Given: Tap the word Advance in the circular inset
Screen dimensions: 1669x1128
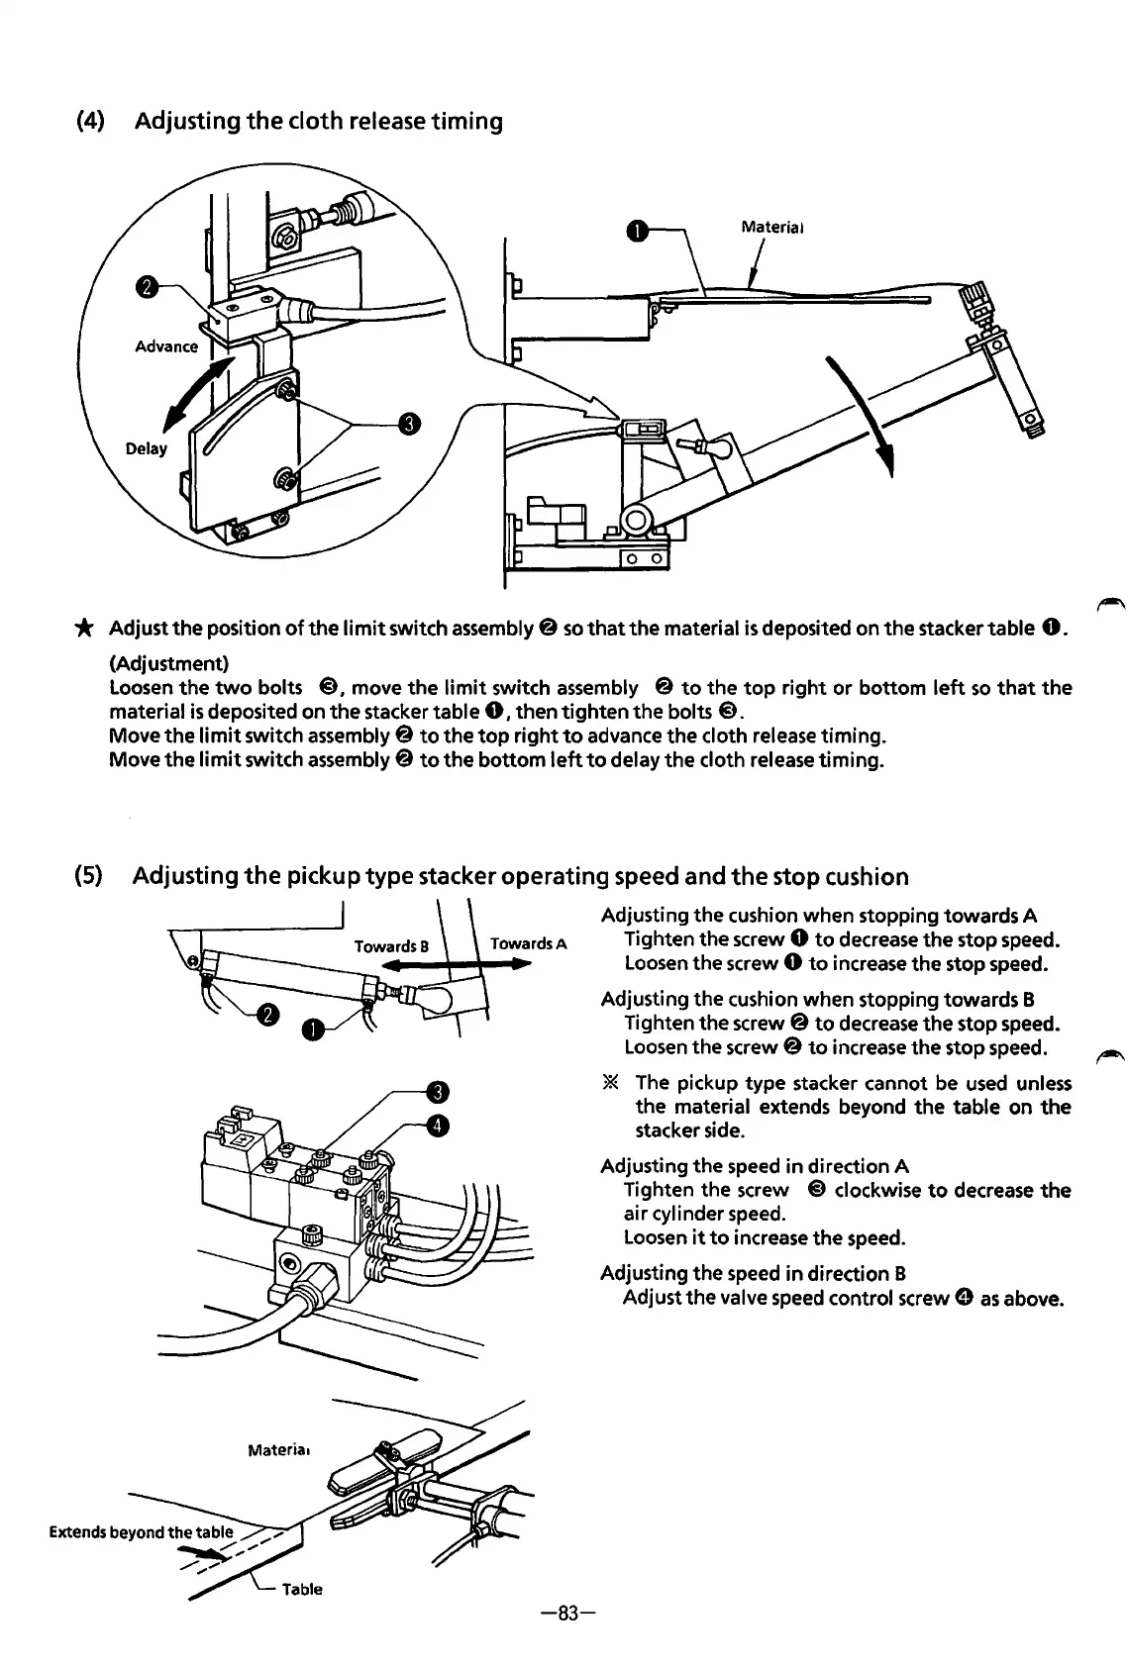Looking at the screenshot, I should (x=165, y=346).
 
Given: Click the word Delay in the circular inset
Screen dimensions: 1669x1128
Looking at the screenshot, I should (x=147, y=449).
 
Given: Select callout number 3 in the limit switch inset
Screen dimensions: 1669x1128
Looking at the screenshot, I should (x=408, y=424).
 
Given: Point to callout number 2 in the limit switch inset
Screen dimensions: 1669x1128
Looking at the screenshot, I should (x=147, y=288).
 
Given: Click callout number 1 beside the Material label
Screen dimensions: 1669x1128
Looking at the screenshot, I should (x=638, y=232).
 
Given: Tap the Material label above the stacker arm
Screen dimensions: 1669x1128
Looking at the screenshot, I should (x=772, y=227).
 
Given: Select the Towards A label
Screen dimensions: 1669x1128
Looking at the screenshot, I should (x=528, y=943).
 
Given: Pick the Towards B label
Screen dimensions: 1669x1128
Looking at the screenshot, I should (x=391, y=946).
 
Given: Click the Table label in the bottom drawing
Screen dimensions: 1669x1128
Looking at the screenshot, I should (x=302, y=1590).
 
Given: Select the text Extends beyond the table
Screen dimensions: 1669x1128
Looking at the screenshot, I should (x=141, y=1532).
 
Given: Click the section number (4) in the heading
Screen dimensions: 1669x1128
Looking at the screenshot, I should (x=92, y=122).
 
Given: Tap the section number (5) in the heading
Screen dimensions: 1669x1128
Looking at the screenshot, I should (x=92, y=876).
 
